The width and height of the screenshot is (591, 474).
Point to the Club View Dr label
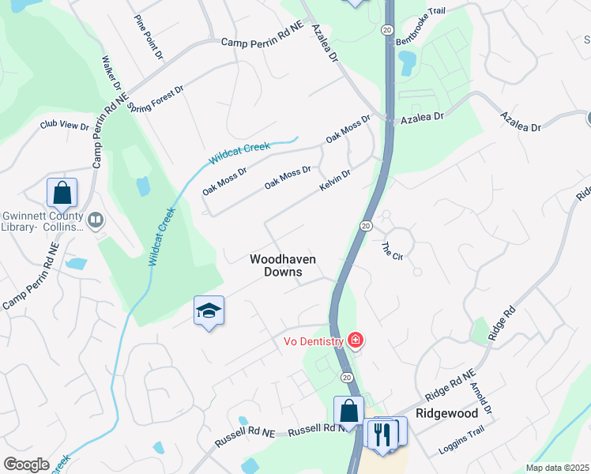coord(65,125)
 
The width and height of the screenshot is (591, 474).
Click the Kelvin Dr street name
coord(334,180)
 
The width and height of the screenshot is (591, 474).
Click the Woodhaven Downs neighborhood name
coord(277,265)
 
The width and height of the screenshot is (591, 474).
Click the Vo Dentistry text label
coord(314,342)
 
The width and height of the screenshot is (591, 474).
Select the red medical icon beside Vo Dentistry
coord(356,341)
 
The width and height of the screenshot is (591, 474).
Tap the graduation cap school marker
coord(209,310)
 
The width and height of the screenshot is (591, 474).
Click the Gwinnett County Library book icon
coord(96,220)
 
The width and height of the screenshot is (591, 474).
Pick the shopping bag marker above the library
coord(61,193)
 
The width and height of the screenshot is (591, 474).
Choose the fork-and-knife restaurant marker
coord(382,434)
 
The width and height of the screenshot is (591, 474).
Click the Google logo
coord(26,465)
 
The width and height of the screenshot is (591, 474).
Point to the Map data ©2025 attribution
coord(557,468)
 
